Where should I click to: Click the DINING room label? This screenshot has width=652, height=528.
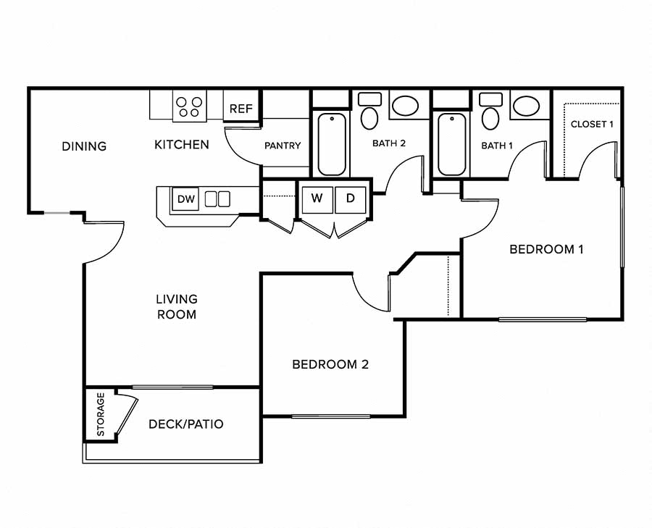tap(84, 146)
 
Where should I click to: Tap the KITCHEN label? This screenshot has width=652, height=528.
tap(182, 145)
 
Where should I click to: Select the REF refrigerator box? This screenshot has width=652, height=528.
tap(241, 109)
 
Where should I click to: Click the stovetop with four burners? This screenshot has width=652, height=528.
tap(190, 107)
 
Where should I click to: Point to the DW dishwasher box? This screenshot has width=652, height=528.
tap(184, 198)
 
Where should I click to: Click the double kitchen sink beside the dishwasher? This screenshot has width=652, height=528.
tap(217, 198)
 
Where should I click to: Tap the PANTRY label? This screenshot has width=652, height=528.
tap(283, 146)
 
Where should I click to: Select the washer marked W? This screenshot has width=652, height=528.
tap(317, 198)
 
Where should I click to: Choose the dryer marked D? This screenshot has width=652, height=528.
tap(351, 198)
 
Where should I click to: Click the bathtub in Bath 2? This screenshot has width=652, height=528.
tap(332, 144)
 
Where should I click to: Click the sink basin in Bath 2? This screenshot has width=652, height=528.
tap(404, 106)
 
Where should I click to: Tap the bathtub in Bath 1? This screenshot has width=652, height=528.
tap(452, 144)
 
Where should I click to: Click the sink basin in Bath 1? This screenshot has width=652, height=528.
tap(525, 106)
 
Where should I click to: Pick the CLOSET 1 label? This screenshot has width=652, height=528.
tap(592, 124)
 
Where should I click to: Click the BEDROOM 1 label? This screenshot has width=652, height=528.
tap(546, 249)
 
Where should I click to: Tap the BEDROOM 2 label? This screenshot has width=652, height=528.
tap(330, 364)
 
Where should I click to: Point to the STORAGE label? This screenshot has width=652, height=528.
tap(101, 414)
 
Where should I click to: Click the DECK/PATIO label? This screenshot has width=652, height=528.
tap(185, 424)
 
